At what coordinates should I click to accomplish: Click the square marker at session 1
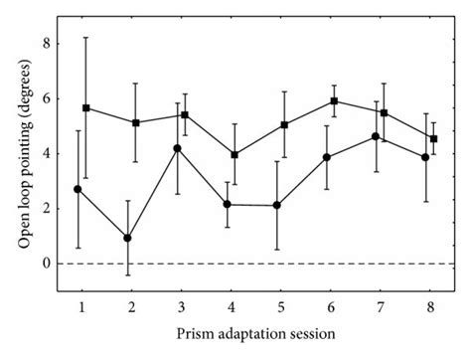click(x=86, y=107)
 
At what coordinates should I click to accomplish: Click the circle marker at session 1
click(x=78, y=189)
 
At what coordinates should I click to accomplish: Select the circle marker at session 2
click(x=127, y=238)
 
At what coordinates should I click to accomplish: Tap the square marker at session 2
click(x=135, y=122)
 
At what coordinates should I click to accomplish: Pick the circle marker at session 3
click(x=177, y=148)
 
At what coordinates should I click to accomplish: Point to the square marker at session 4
click(x=235, y=155)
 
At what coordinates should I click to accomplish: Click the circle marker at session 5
click(x=276, y=206)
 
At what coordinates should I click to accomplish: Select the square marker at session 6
click(x=334, y=101)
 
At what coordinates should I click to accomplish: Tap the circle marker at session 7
click(x=376, y=136)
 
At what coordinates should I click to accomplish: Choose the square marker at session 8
click(x=433, y=139)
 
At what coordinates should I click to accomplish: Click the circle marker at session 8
click(x=425, y=157)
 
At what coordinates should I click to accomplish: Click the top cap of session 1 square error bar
click(x=86, y=38)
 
